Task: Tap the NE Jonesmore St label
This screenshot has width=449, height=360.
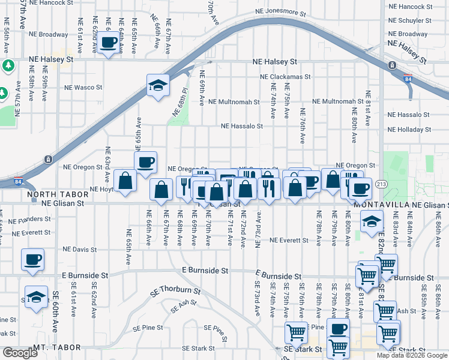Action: (x=280, y=12)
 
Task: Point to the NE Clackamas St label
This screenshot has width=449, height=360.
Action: (x=285, y=77)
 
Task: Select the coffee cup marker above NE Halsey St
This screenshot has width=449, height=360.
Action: (x=109, y=43)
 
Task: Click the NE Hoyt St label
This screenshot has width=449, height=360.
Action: (x=101, y=189)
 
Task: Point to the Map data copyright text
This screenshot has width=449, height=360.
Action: (x=412, y=355)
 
